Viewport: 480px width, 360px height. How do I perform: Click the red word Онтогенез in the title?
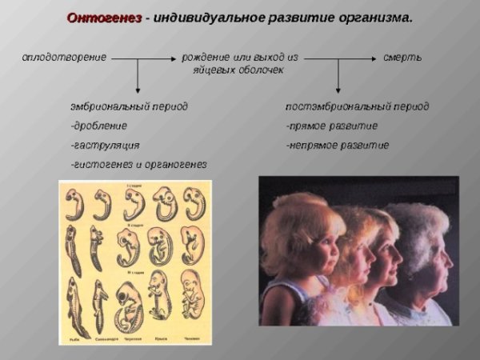click(103, 17)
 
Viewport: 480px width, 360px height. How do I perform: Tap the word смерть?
click(402, 58)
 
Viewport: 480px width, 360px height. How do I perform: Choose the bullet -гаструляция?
click(105, 145)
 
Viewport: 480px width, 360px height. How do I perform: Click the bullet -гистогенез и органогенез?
click(138, 164)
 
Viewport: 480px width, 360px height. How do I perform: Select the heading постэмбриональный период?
click(357, 106)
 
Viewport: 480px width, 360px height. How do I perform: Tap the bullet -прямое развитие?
click(331, 126)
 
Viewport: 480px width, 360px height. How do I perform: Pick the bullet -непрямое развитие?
click(337, 145)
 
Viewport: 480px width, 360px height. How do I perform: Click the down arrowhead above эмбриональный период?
click(138, 90)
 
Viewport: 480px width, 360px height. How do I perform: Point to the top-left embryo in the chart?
click(74, 204)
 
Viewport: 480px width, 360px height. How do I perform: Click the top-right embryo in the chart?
click(193, 203)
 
